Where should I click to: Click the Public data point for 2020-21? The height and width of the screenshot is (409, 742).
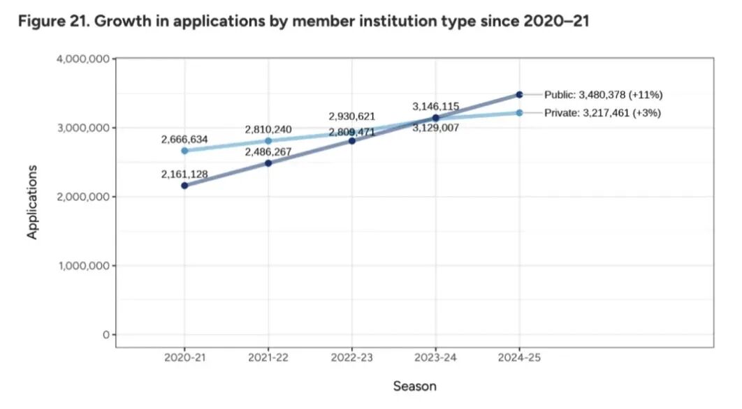[x=184, y=186]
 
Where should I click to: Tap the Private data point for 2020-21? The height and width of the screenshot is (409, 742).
[x=184, y=151]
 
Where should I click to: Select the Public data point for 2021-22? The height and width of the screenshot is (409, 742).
[x=268, y=163]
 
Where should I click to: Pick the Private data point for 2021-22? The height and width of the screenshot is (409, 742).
[x=268, y=141]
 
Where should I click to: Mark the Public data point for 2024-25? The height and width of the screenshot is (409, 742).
[x=519, y=94]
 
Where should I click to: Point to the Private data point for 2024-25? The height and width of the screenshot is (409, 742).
[x=519, y=112]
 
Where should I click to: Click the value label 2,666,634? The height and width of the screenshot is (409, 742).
[x=184, y=140]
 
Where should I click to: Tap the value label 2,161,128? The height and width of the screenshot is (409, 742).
[x=184, y=174]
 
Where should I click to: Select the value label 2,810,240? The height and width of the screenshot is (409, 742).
[x=268, y=130]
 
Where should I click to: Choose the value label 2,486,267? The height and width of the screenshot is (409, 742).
[x=268, y=151]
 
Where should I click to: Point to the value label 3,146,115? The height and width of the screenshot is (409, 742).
[x=436, y=107]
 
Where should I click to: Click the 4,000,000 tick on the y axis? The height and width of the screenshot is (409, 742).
[x=82, y=59]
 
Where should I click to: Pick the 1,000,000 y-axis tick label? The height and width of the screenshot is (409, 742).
[x=82, y=266]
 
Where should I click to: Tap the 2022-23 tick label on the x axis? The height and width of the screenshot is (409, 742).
[x=352, y=357]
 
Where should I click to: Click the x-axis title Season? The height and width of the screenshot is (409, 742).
[x=414, y=386]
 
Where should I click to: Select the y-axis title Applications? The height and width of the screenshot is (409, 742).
[x=32, y=202]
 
